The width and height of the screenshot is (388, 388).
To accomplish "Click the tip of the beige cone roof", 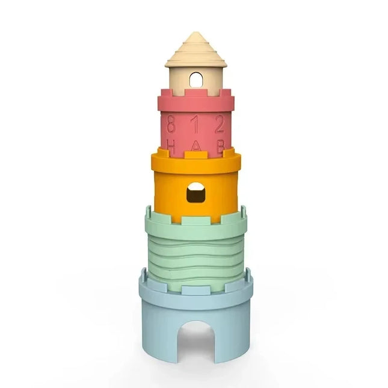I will pyautogui.click(x=195, y=34).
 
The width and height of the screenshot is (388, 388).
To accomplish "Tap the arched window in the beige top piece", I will pyautogui.click(x=195, y=79).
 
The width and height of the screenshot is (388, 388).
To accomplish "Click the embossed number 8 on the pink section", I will pyautogui.click(x=171, y=125).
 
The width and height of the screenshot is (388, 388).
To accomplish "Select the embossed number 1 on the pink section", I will pyautogui.click(x=196, y=124).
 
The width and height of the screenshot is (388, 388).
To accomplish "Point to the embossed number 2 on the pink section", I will pyautogui.click(x=220, y=125).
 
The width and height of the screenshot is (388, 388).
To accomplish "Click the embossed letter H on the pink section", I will pyautogui.click(x=171, y=146).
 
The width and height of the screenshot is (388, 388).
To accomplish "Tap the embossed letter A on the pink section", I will pyautogui.click(x=196, y=146).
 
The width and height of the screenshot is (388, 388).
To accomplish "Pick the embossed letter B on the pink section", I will pyautogui.click(x=220, y=146).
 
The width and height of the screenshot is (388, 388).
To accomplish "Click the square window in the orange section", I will pyautogui.click(x=195, y=194).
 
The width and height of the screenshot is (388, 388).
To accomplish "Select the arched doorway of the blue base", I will pyautogui.click(x=195, y=340).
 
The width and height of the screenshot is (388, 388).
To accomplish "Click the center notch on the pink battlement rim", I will pyautogui.click(x=196, y=93).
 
